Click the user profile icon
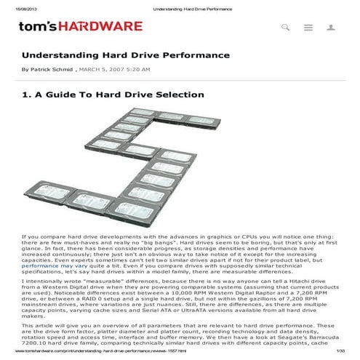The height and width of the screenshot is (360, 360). click(331, 28)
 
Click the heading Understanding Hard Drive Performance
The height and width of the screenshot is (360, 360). click(125, 55)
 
